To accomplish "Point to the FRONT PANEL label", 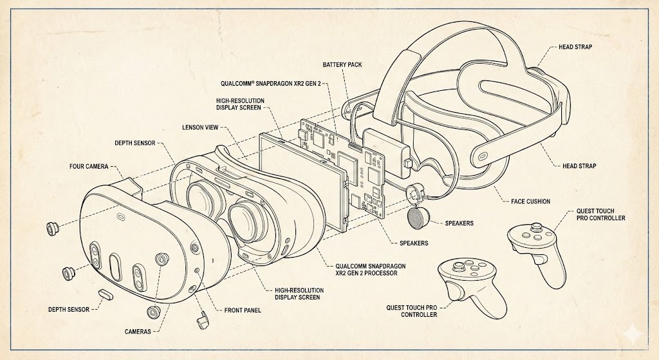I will (243, 310).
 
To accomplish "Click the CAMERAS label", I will (138, 331).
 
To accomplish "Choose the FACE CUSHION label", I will (530, 202).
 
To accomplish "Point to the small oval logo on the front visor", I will (120, 217).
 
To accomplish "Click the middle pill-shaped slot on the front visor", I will (116, 265).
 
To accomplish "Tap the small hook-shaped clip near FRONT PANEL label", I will (203, 319).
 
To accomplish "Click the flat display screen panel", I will (302, 180).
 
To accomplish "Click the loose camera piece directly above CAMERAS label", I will (153, 312).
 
